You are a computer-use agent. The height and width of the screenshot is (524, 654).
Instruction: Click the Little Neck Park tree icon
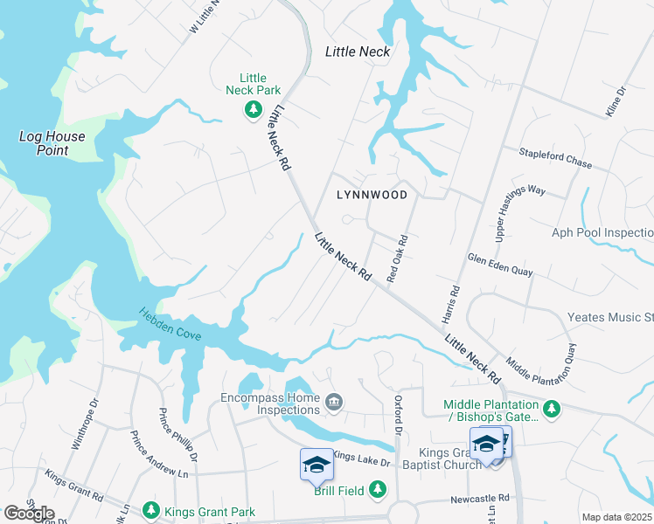point(253,109)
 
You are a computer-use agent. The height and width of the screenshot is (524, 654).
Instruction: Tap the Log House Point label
point(52,143)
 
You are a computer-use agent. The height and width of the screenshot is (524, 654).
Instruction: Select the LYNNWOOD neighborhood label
point(372,195)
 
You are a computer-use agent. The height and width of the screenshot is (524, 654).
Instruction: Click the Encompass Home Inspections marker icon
point(333,402)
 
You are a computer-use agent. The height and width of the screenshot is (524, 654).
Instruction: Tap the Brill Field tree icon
point(378,490)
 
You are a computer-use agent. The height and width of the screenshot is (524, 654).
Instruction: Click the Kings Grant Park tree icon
point(150,509)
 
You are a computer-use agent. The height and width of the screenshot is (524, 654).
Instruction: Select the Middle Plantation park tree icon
point(551,409)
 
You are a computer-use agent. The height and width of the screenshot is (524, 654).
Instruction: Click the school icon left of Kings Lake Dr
point(317,464)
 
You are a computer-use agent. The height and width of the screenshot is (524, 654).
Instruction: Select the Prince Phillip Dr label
point(177,434)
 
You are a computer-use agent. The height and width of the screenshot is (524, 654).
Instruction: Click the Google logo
point(29,514)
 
